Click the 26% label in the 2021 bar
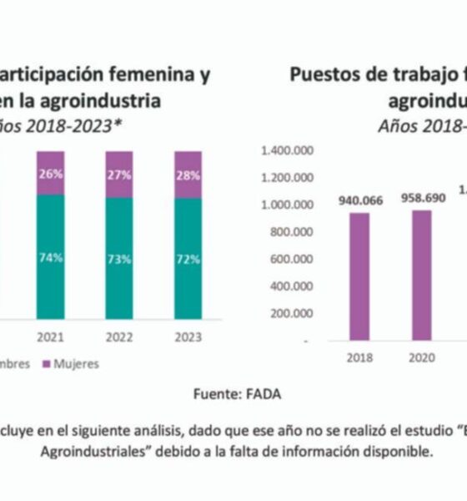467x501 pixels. [x=49, y=175]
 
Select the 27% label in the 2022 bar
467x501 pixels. [x=118, y=175]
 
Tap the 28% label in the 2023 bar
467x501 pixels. [x=187, y=175]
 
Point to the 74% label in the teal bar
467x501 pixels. [x=49, y=258]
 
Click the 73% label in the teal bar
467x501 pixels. [x=118, y=259]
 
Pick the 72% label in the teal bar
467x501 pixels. [x=187, y=259]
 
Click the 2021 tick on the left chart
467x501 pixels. [x=49, y=339]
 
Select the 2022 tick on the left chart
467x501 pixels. [x=118, y=339]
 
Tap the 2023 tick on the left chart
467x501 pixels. [x=187, y=339]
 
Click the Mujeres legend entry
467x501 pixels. [x=76, y=364]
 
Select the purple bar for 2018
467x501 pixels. [x=360, y=276]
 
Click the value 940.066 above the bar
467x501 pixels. [x=360, y=200]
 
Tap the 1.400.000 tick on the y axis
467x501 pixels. [x=287, y=150]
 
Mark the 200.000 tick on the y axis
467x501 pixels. [x=292, y=313]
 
